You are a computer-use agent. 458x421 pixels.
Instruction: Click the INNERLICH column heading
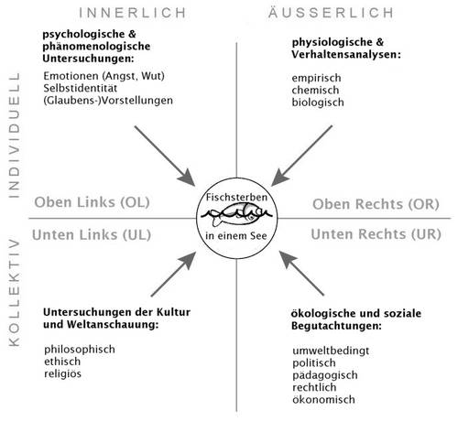click(x=133, y=13)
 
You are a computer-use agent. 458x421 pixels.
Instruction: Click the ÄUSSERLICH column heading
click(x=332, y=12)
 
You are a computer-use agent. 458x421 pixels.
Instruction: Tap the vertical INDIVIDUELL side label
click(x=14, y=135)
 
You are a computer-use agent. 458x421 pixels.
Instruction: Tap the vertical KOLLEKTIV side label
click(x=14, y=293)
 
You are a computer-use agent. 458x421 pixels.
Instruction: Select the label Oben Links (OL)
click(x=92, y=202)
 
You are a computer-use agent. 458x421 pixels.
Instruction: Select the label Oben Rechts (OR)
click(x=376, y=204)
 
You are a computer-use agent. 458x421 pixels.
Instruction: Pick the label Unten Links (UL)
click(x=92, y=235)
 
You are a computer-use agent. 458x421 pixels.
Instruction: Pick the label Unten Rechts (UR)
click(x=376, y=234)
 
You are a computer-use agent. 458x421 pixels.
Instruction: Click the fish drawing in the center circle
click(x=236, y=215)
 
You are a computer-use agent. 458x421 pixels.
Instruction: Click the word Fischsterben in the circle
click(x=236, y=197)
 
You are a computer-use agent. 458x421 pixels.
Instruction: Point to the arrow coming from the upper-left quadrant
click(x=165, y=156)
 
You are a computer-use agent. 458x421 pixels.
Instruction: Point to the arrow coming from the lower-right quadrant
click(x=301, y=273)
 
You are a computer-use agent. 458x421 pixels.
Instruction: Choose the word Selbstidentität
click(x=81, y=88)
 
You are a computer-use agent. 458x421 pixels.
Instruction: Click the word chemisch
click(x=315, y=90)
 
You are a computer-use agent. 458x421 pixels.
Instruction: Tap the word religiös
click(x=63, y=374)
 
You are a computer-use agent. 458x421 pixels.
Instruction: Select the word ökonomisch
click(x=323, y=399)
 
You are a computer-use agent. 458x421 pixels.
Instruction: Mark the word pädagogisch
click(x=325, y=375)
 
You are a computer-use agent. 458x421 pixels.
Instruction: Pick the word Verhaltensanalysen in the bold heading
click(x=346, y=55)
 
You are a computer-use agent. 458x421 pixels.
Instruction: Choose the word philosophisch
click(x=80, y=350)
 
